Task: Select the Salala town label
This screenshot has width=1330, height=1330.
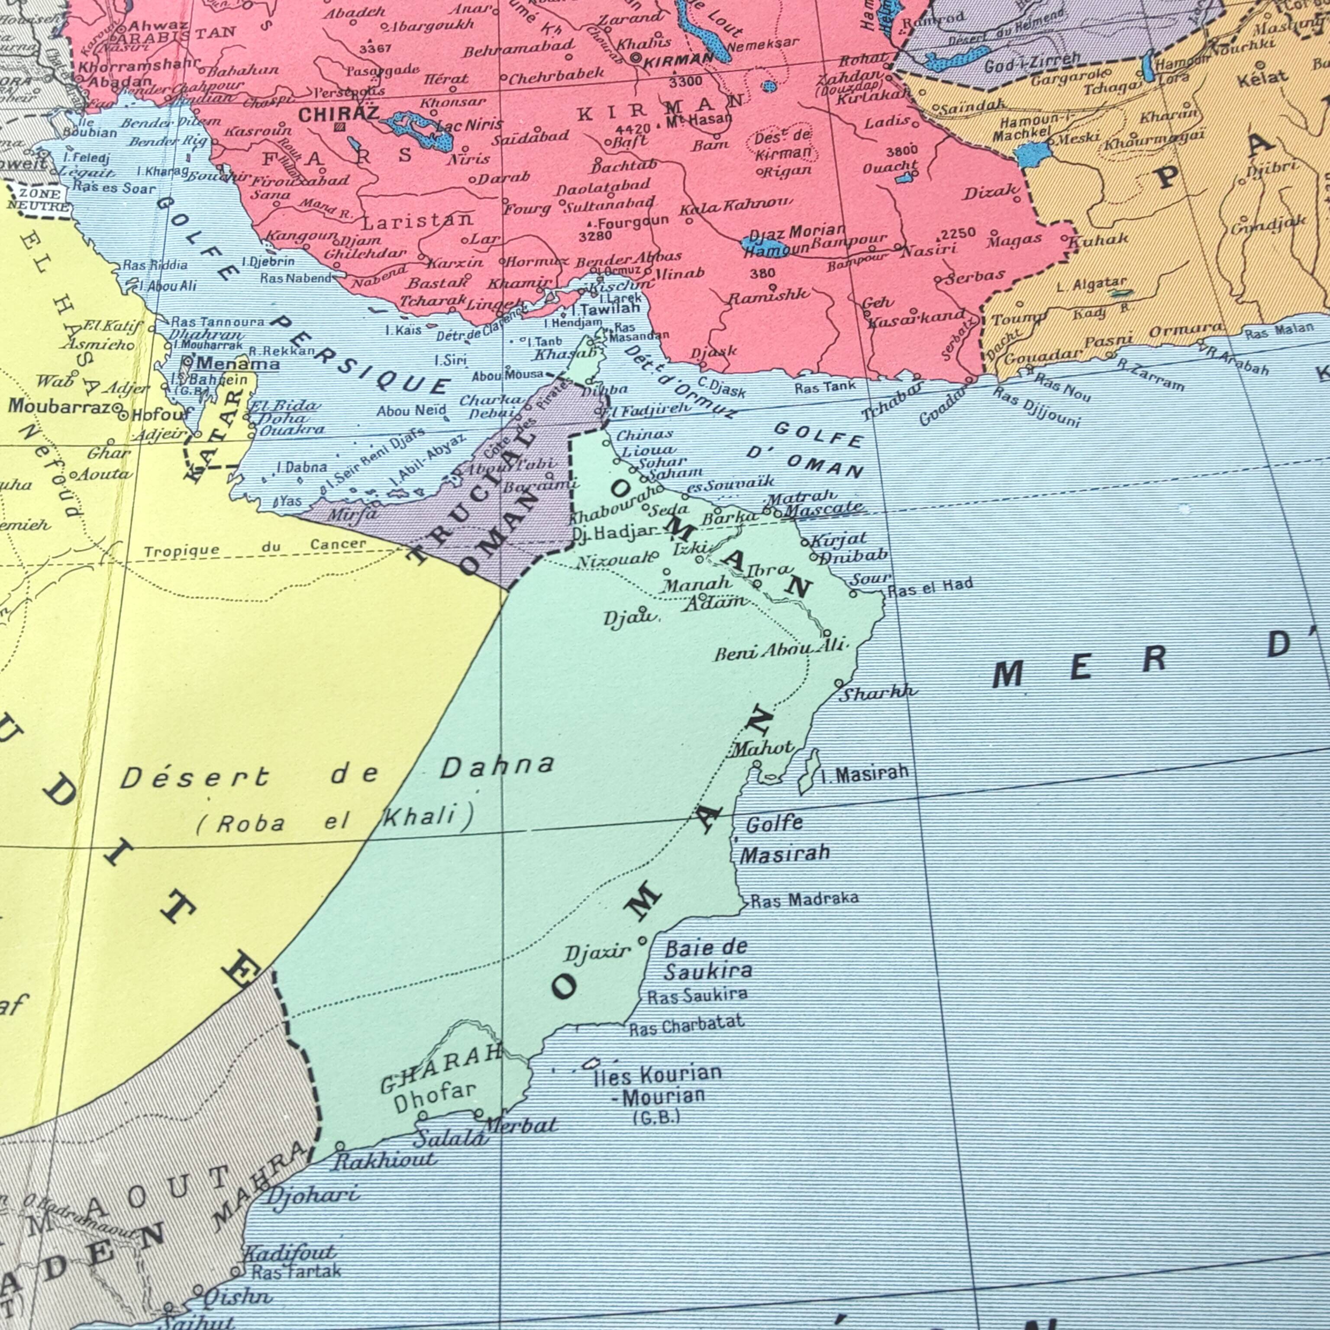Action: pyautogui.click(x=451, y=1138)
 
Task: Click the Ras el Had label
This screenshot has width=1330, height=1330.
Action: pyautogui.click(x=931, y=587)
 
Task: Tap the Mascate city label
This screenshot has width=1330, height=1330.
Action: pyautogui.click(x=823, y=510)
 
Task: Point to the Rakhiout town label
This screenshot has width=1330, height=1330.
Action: pyautogui.click(x=384, y=1160)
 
